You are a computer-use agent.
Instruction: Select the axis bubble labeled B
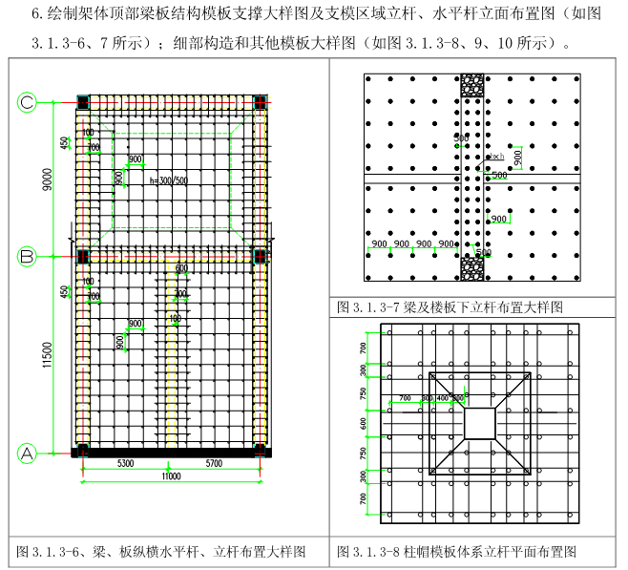tap(28, 256)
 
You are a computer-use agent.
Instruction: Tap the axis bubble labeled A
tap(28, 454)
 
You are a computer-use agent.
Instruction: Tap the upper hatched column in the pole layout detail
tap(471, 85)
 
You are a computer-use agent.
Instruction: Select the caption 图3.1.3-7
tap(450, 307)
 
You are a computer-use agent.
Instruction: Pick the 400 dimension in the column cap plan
tap(442, 396)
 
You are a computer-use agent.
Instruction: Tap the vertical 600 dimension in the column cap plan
tap(363, 421)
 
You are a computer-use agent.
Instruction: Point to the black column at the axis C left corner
tap(83, 101)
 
